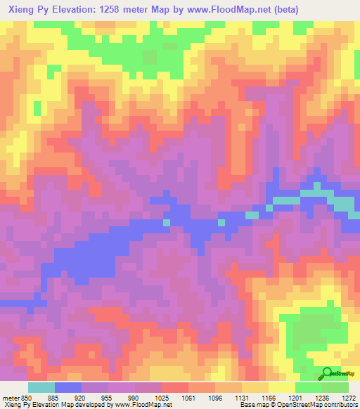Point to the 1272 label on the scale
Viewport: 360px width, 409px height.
click(x=346, y=398)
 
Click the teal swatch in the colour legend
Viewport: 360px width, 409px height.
click(x=41, y=387)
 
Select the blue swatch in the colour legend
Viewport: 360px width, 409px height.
click(x=68, y=387)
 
